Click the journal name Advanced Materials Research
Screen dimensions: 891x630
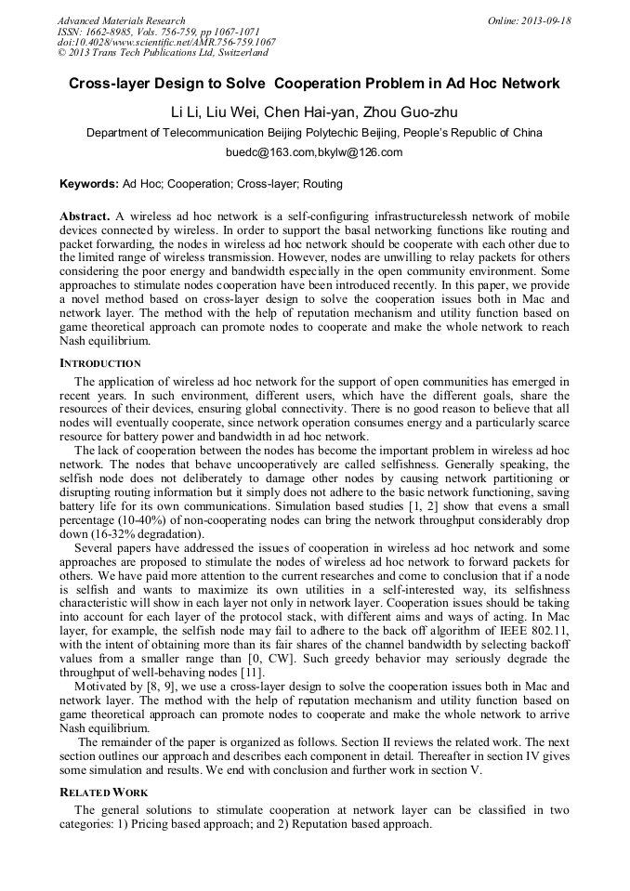(x=121, y=20)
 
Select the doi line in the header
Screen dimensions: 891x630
(x=166, y=42)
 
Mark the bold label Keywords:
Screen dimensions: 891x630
(x=89, y=184)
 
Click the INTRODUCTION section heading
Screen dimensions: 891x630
(x=100, y=363)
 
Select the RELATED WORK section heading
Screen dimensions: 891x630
(x=103, y=793)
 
